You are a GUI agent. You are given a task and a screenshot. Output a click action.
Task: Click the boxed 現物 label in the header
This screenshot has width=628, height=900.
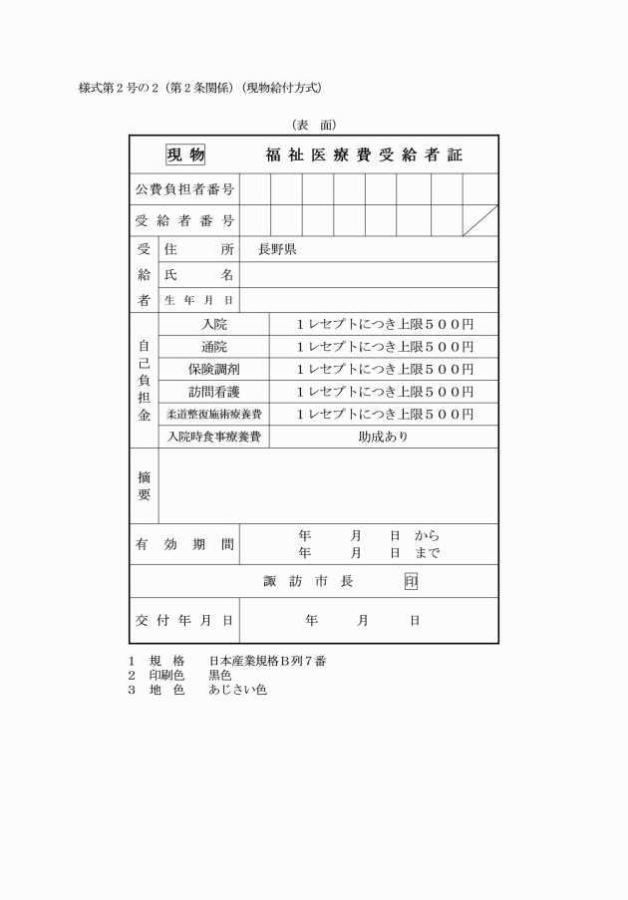click(x=185, y=154)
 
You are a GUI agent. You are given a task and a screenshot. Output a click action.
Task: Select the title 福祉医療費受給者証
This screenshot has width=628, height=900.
click(x=364, y=155)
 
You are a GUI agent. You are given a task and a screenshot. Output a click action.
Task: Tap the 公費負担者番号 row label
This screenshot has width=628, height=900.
click(x=184, y=189)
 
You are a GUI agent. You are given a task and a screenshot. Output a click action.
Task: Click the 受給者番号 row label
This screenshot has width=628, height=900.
click(x=184, y=220)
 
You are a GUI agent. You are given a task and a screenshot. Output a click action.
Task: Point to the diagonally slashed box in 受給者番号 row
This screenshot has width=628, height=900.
click(x=480, y=220)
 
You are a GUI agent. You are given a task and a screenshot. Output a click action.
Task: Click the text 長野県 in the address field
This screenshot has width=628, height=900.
click(x=277, y=249)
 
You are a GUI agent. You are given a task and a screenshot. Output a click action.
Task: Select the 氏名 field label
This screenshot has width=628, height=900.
click(x=198, y=275)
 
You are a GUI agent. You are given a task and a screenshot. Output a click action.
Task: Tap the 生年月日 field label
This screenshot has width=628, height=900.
click(x=198, y=300)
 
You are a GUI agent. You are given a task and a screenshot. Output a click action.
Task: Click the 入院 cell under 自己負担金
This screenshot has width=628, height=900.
click(x=214, y=325)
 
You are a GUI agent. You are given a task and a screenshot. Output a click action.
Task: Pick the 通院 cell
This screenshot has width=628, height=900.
click(x=214, y=347)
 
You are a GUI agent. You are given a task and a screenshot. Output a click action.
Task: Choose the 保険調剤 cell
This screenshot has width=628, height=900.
click(x=214, y=370)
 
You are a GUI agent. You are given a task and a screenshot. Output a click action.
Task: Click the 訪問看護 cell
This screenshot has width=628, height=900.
click(x=214, y=392)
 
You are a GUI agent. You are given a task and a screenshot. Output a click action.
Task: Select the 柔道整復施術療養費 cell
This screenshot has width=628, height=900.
click(x=214, y=415)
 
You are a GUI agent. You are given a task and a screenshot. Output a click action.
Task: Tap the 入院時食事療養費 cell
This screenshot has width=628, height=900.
click(x=214, y=437)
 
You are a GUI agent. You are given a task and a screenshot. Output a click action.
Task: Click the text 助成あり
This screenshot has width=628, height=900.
click(x=384, y=437)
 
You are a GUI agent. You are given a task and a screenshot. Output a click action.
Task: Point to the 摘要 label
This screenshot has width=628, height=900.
click(x=144, y=485)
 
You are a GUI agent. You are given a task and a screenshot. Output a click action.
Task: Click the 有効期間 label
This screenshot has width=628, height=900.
click(x=184, y=544)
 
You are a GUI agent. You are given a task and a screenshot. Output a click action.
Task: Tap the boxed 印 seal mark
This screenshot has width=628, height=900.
click(x=411, y=582)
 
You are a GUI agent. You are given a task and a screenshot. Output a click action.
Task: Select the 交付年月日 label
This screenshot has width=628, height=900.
click(x=184, y=621)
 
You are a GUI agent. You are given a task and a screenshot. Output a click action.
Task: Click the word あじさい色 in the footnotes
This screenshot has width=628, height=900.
click(x=237, y=689)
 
